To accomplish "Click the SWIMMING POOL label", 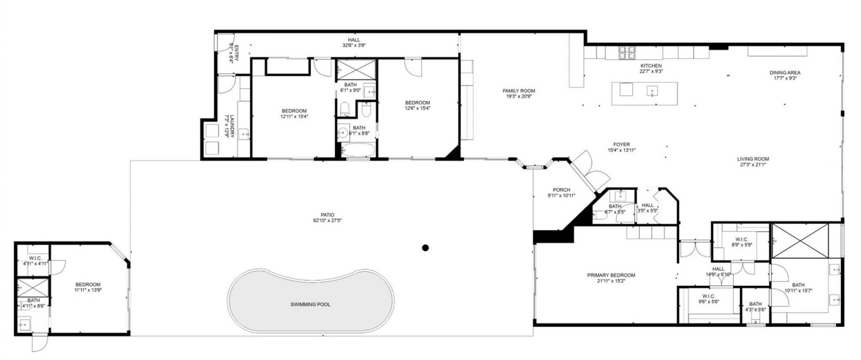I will tap(310, 304).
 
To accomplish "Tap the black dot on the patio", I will tap(426, 247).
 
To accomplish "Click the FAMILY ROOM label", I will tap(519, 91).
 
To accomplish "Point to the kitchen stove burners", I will tap(627, 52).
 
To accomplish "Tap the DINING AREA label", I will tap(785, 73).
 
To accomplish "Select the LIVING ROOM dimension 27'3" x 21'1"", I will tap(753, 165).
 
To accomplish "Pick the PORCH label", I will tap(561, 190).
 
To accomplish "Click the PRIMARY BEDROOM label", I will tap(611, 275).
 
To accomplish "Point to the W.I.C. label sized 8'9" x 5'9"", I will tap(740, 239).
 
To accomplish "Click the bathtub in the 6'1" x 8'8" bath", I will tap(357, 150).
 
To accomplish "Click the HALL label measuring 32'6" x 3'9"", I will tap(354, 40).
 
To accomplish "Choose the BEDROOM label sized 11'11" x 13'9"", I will tap(88, 284).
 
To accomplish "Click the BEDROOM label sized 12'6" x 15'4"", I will tap(417, 102).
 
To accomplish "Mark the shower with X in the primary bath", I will tap(800, 241).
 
